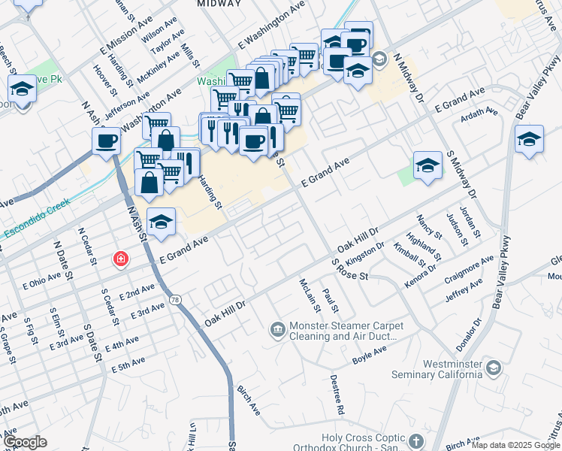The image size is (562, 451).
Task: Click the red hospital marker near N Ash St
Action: tap(119, 259)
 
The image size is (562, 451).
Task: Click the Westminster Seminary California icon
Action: tap(492, 368)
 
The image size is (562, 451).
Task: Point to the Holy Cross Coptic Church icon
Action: tap(416, 440)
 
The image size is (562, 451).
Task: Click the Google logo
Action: tap(24, 442)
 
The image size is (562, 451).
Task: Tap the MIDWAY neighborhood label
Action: tap(219, 4)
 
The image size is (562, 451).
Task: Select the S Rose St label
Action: tap(350, 269)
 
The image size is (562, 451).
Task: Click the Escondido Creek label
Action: tap(36, 219)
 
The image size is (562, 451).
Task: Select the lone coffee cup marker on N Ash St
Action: tap(107, 141)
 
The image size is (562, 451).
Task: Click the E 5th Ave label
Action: tap(128, 367)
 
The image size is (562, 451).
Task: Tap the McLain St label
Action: tap(307, 295)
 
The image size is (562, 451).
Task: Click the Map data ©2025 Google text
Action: tap(515, 445)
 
